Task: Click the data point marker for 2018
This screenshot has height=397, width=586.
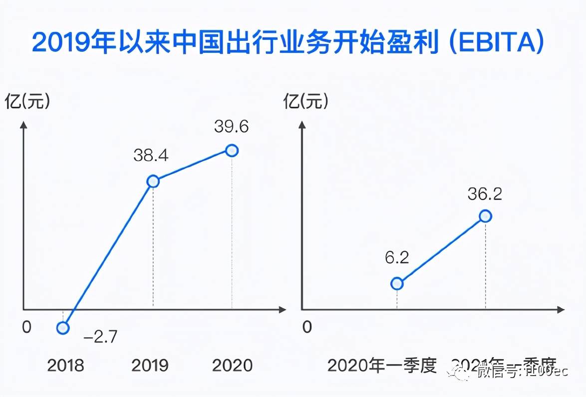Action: tap(63, 328)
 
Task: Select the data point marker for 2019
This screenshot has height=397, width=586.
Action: tap(153, 181)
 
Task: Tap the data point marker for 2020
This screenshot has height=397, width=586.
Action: tap(232, 150)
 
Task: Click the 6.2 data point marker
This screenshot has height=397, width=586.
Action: tap(397, 283)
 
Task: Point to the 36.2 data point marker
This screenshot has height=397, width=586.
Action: tap(485, 216)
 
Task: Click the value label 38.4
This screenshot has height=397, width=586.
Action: tap(151, 156)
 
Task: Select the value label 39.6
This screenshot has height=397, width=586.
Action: tap(231, 127)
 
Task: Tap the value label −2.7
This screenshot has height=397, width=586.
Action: tap(100, 337)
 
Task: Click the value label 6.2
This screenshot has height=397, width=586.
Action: tap(397, 258)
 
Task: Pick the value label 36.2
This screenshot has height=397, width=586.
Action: tap(485, 194)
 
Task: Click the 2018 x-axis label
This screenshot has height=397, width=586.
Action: tap(65, 366)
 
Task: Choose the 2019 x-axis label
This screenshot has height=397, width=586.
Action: tap(150, 366)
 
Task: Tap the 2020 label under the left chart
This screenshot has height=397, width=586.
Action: tap(232, 366)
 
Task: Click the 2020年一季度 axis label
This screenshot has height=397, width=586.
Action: tap(382, 366)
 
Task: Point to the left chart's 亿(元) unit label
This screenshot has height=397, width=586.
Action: tap(28, 102)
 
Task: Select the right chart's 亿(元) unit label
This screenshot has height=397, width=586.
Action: tap(306, 102)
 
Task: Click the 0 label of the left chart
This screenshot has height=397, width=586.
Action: tap(26, 327)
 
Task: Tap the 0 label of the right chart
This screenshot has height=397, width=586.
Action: tap(307, 327)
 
